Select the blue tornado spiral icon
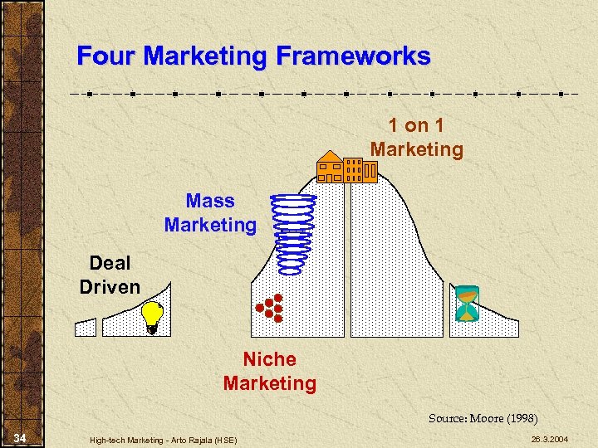pyautogui.click(x=296, y=233)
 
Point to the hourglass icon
pyautogui.click(x=467, y=304)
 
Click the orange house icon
pyautogui.click(x=330, y=167)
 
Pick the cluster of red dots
pyautogui.click(x=270, y=308)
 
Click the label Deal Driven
pyautogui.click(x=110, y=275)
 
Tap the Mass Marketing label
pyautogui.click(x=210, y=212)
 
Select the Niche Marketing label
pyautogui.click(x=269, y=371)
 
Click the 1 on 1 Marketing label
pyautogui.click(x=416, y=138)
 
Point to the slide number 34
pyautogui.click(x=20, y=437)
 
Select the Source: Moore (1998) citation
pyautogui.click(x=483, y=418)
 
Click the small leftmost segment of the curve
pyautogui.click(x=86, y=327)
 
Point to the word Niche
pyautogui.click(x=269, y=359)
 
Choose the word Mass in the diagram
pyautogui.click(x=210, y=201)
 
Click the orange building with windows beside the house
pyautogui.click(x=360, y=170)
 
